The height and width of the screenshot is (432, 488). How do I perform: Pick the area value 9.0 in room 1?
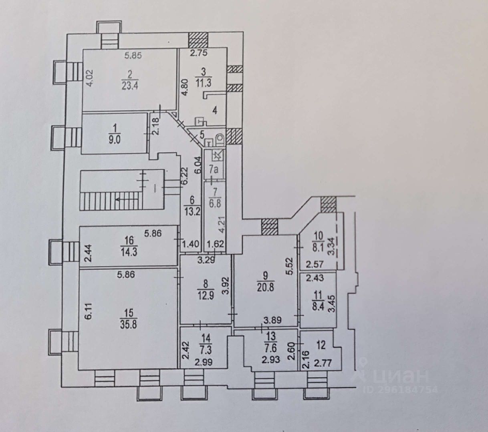click(x=115, y=139)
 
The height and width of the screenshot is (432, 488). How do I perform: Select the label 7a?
click(x=214, y=169)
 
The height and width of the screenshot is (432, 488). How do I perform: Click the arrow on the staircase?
click(x=120, y=199)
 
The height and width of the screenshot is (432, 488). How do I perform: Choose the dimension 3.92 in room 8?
click(x=227, y=286)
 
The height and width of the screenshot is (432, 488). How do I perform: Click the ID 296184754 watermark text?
click(x=400, y=389)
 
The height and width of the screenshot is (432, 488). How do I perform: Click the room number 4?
click(x=215, y=111)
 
